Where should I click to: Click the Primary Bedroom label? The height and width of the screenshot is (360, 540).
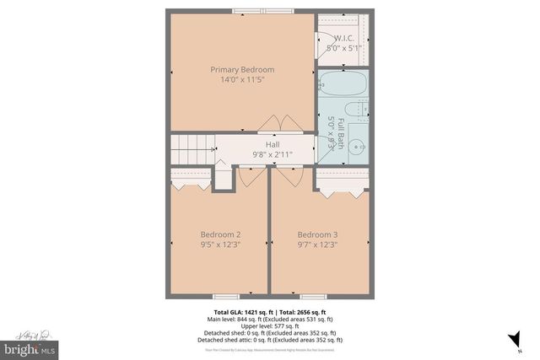(x=242, y=69)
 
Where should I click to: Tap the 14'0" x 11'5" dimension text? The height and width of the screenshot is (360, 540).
(x=242, y=80)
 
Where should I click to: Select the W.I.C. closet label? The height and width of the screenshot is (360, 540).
(x=344, y=38)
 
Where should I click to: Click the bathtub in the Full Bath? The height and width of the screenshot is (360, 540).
(x=343, y=84)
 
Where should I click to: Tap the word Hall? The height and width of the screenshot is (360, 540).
(x=273, y=144)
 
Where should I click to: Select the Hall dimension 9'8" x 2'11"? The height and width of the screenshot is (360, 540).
(x=273, y=155)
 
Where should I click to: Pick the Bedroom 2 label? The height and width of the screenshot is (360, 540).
(x=220, y=234)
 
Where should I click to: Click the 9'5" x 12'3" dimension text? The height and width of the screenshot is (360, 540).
(x=220, y=245)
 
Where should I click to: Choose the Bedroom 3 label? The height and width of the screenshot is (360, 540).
(x=317, y=234)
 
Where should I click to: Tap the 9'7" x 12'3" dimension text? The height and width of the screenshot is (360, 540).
(x=317, y=245)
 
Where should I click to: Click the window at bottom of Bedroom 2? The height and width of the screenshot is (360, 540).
(x=225, y=296)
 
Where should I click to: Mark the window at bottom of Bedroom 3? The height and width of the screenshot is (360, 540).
(x=314, y=296)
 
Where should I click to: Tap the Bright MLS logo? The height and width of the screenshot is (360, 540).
(x=30, y=347)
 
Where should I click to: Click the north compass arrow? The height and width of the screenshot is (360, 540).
(x=510, y=339)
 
